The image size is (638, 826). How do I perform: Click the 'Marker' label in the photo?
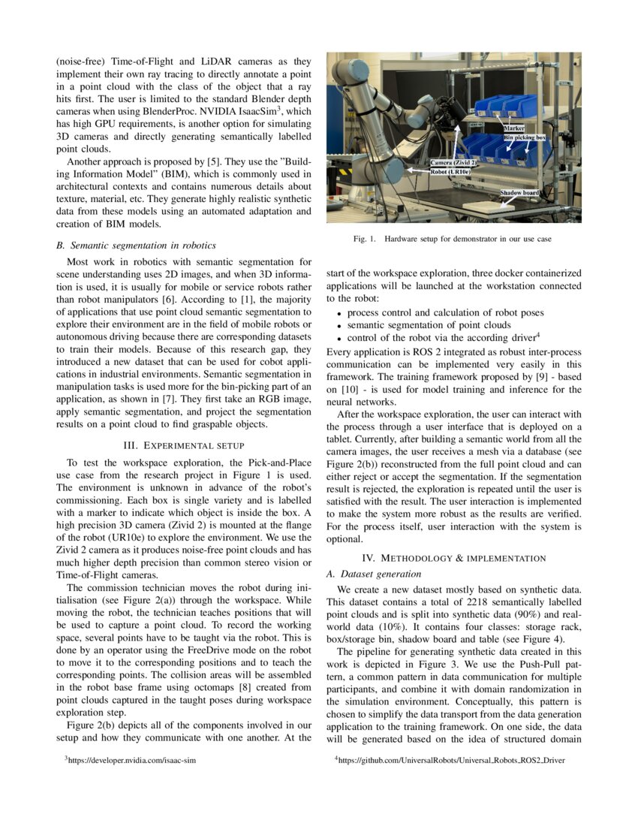(x=514, y=129)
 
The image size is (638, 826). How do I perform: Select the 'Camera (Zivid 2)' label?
(x=453, y=162)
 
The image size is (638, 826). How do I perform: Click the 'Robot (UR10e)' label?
(x=450, y=171)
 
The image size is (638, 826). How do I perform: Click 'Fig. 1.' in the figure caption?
(x=366, y=239)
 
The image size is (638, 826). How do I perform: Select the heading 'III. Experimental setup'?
(x=184, y=445)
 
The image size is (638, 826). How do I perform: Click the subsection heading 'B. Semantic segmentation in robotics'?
(x=137, y=246)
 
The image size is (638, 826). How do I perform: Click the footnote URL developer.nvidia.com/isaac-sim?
(x=132, y=761)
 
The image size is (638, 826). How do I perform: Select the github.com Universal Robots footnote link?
(x=450, y=761)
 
